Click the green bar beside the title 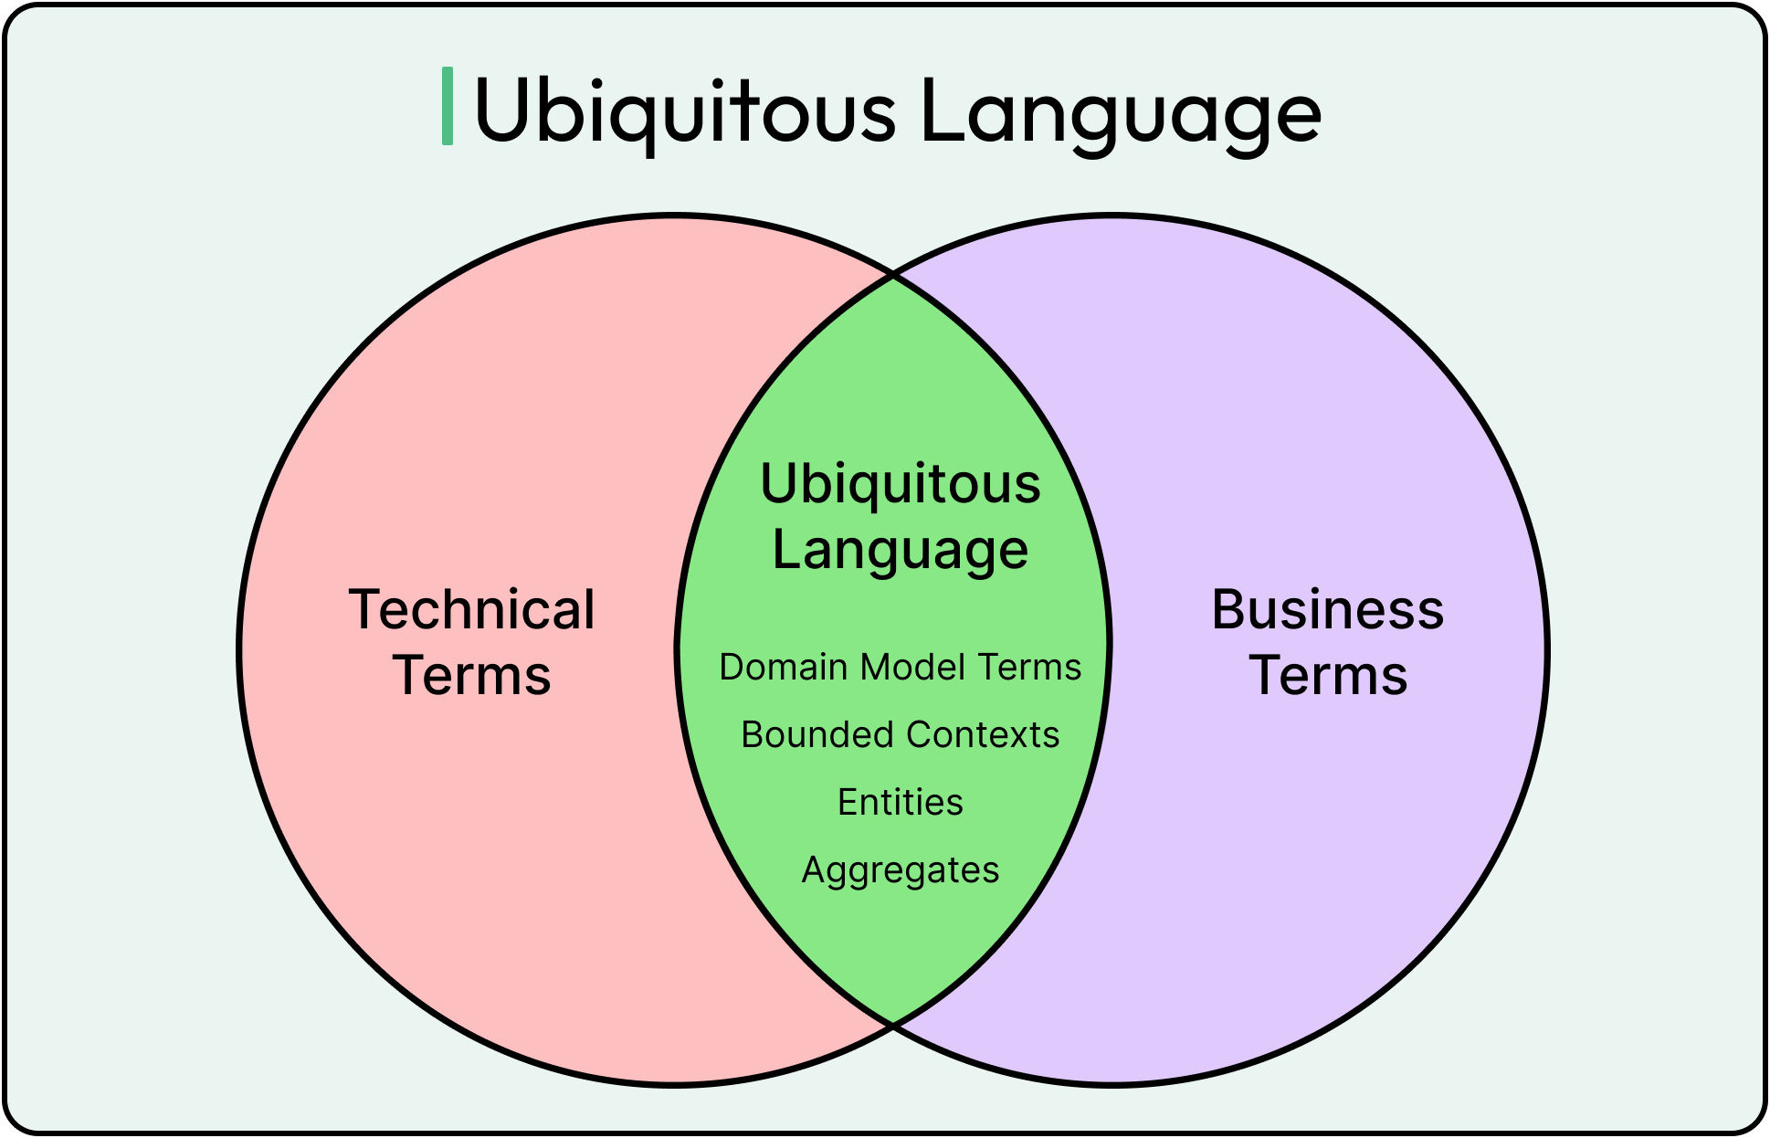tap(448, 106)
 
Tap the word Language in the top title tap(1121, 111)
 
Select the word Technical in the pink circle tap(471, 609)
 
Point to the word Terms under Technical tap(472, 676)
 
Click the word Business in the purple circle tap(1328, 609)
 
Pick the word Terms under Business tap(1328, 676)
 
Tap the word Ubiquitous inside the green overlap tap(901, 483)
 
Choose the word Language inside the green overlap tap(901, 550)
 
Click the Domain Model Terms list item tap(901, 668)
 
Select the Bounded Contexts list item tap(901, 735)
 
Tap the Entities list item tap(901, 803)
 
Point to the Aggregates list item tap(901, 870)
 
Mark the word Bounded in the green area tap(817, 735)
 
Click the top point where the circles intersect tap(893, 274)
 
